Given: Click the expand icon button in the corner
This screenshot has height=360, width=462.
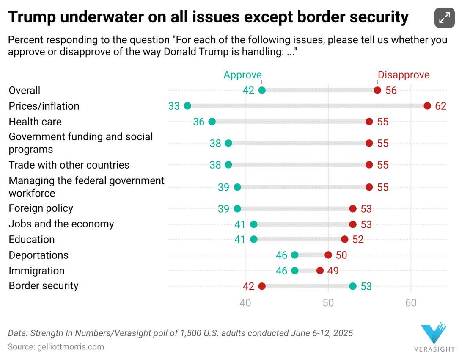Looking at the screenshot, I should click(444, 18).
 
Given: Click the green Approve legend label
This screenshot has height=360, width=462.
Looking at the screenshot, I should click(242, 75).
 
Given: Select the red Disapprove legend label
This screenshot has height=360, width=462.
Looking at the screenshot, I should click(403, 75).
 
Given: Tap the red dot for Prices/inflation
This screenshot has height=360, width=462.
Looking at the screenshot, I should click(427, 106).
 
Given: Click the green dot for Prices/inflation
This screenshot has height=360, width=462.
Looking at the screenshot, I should click(187, 106).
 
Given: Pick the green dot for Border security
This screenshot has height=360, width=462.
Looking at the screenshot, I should click(353, 286).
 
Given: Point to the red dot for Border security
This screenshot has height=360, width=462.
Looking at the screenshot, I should click(262, 286).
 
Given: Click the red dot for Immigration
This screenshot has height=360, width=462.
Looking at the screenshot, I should click(320, 271).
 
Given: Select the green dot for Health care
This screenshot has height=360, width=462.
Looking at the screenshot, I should click(212, 122).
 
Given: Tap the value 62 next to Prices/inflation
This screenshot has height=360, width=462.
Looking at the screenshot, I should click(440, 106).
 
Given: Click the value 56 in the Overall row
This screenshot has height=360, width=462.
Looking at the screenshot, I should click(391, 90).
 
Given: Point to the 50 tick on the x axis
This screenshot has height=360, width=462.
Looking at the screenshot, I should click(328, 303).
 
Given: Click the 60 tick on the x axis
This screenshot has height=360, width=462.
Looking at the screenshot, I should click(411, 303).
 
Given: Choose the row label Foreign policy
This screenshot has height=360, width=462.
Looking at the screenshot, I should click(41, 208).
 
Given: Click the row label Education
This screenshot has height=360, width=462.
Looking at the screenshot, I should click(32, 239).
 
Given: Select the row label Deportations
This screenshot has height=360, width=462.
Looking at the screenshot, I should click(38, 255).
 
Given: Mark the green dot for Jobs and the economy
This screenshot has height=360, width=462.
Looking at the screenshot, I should click(253, 224).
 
